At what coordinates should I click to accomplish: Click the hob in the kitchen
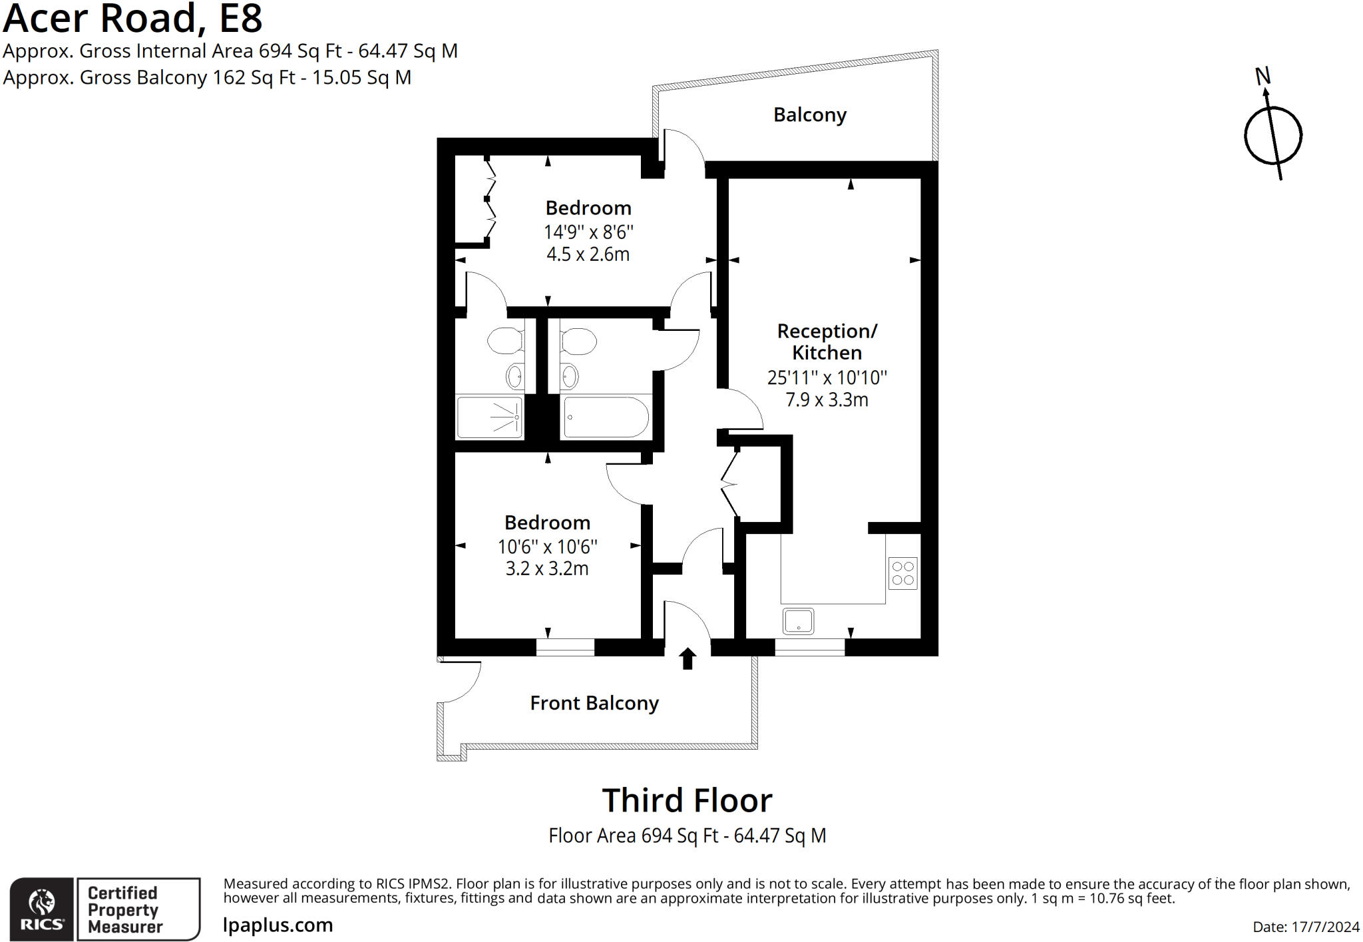pos(902,573)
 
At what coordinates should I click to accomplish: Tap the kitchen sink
pos(798,621)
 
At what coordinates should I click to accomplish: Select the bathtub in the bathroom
pos(605,417)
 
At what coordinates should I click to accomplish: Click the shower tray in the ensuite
pos(489,417)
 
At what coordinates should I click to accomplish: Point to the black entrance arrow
pos(687,658)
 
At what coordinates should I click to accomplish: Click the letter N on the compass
pos(1262,77)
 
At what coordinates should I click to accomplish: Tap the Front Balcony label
pos(594,703)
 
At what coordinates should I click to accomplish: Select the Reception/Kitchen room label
pos(827,342)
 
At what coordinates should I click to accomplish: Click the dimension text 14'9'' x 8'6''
pos(588,232)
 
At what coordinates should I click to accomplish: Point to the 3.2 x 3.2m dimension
pos(547,569)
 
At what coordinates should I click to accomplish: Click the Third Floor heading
pos(687,800)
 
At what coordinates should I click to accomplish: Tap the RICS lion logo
pos(42,904)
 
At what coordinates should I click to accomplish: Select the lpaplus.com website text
pos(278,925)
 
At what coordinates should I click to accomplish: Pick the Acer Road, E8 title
pos(133,19)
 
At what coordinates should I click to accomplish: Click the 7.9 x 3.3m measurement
pos(827,399)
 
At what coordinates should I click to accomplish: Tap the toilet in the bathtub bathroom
pos(578,341)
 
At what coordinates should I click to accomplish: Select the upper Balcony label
pos(809,115)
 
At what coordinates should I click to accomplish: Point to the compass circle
pos(1272,136)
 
